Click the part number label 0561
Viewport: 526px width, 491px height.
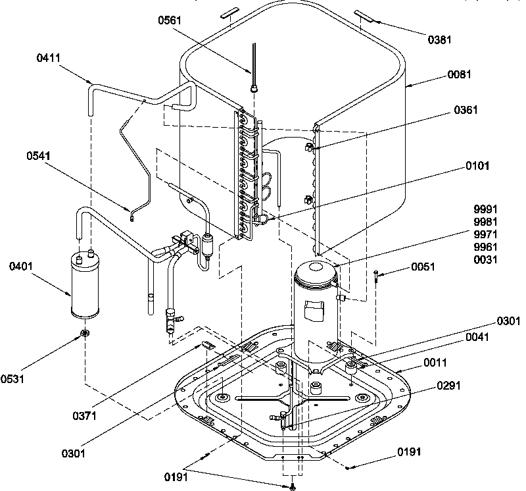tap(171, 21)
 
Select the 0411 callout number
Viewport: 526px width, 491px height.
tap(49, 58)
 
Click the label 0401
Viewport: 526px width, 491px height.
tap(22, 266)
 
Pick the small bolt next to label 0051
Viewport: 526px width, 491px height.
tap(375, 276)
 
